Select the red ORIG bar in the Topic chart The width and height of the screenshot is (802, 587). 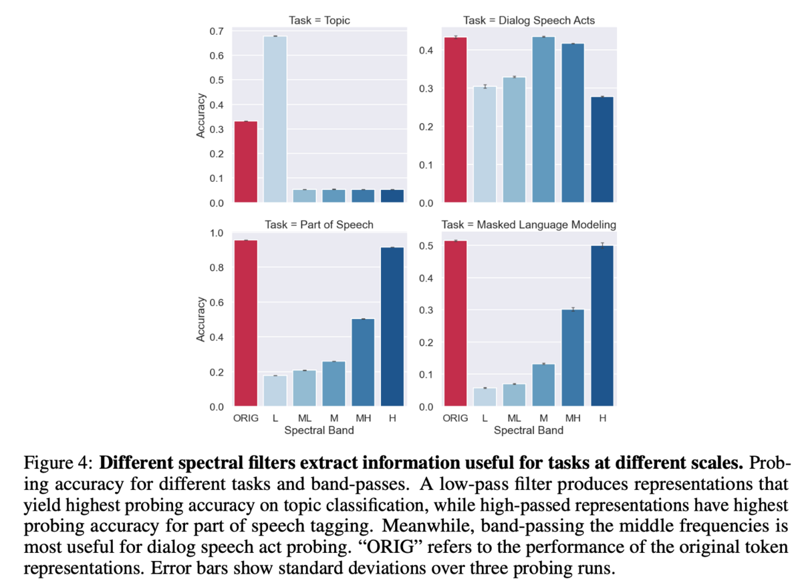tap(245, 162)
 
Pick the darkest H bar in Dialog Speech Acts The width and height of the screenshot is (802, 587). tap(601, 150)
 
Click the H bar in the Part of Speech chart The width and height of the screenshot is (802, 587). tap(392, 327)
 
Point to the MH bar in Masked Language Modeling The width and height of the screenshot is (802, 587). tap(572, 358)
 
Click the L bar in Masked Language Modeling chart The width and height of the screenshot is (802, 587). tap(485, 397)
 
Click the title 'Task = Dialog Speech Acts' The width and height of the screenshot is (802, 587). tap(529, 21)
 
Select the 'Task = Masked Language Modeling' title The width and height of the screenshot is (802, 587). tap(529, 225)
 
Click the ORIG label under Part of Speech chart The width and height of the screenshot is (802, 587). tap(245, 418)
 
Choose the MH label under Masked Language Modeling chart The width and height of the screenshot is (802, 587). tap(572, 418)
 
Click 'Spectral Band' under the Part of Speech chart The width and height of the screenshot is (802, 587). tap(319, 431)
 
